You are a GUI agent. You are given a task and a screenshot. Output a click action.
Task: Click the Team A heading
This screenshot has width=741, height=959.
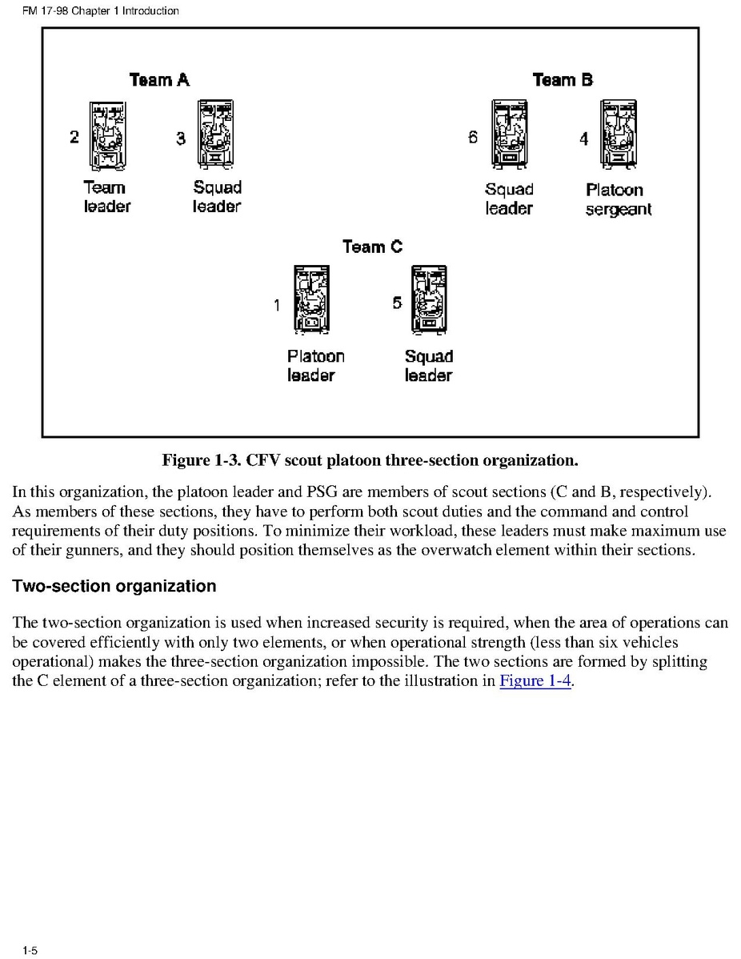[x=159, y=80]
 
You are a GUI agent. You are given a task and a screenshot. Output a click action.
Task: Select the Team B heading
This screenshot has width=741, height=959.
[x=563, y=80]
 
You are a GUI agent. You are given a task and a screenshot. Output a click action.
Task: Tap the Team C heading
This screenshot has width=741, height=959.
[x=372, y=247]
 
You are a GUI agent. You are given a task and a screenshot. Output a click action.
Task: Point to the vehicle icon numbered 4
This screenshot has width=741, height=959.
[x=618, y=134]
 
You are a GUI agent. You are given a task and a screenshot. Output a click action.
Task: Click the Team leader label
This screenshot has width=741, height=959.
[x=106, y=197]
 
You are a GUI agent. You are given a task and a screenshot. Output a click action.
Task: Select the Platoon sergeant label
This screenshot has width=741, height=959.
[x=618, y=200]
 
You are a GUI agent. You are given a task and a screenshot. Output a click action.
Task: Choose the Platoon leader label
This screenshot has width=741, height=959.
[x=315, y=366]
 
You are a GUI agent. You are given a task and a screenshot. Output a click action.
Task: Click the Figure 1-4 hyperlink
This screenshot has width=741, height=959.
[x=535, y=682]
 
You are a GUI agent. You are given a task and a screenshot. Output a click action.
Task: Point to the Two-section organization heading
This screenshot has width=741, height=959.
[x=114, y=587]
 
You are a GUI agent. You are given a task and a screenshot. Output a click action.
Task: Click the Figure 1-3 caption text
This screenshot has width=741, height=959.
[x=370, y=460]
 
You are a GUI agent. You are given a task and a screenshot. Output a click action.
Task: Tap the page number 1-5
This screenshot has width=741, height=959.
[x=30, y=950]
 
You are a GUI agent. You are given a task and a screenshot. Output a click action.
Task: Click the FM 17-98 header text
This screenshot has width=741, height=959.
[x=100, y=11]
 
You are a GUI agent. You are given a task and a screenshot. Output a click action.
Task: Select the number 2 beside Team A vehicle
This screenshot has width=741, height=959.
[x=74, y=137]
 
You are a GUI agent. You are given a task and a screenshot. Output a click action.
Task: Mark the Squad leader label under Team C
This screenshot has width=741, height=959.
[x=428, y=366]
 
